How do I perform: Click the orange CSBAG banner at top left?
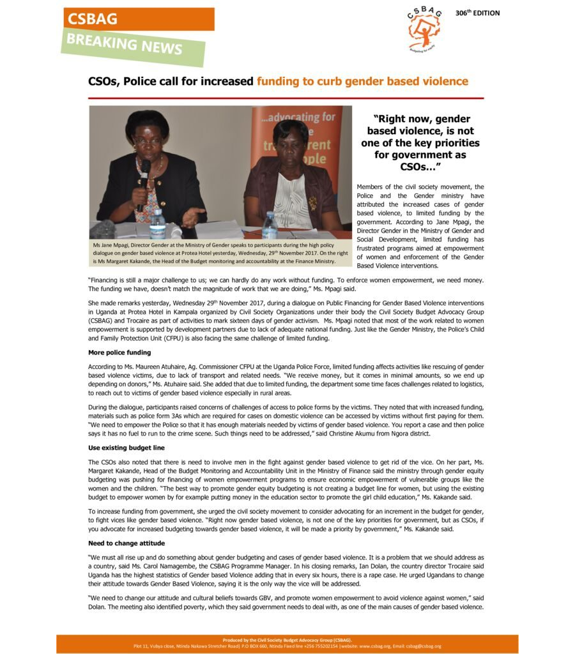coord(139,19)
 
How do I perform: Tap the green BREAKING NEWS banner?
coord(134,45)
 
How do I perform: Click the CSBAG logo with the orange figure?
coord(424,29)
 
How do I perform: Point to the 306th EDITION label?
coord(477,13)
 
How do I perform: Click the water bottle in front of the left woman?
coord(157,224)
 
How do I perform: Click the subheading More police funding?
coord(119,353)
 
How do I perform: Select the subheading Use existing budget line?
coord(126,448)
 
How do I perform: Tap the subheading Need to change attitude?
coord(126,543)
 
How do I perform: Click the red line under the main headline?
coord(286,98)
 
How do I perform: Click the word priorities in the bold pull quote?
coord(453,142)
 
